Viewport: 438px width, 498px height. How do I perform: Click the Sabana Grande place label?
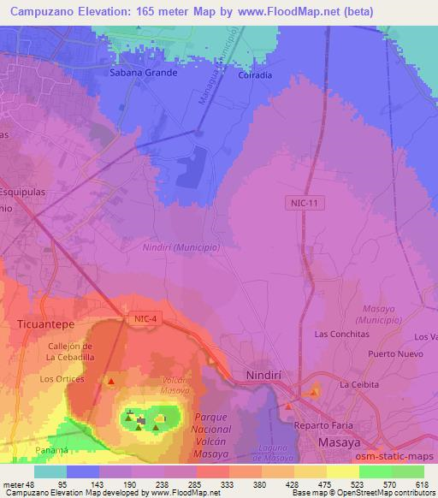coord(143,73)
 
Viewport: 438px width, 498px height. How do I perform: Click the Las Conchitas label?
coord(342,333)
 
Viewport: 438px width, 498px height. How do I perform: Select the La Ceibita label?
coord(359,384)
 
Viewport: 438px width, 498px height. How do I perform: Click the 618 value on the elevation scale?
coord(421,484)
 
